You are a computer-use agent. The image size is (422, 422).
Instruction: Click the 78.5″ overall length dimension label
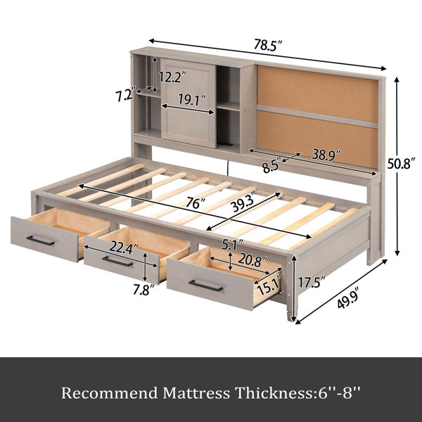pyautogui.click(x=268, y=45)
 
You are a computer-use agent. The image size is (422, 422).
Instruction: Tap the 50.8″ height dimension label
pyautogui.click(x=401, y=163)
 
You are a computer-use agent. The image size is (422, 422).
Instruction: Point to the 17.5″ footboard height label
pyautogui.click(x=312, y=282)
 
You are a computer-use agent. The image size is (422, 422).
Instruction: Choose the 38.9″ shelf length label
pyautogui.click(x=326, y=155)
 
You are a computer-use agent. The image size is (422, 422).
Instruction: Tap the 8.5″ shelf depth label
pyautogui.click(x=272, y=166)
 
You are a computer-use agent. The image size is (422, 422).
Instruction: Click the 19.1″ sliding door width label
pyautogui.click(x=193, y=100)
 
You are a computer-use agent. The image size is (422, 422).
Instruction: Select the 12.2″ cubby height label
pyautogui.click(x=172, y=77)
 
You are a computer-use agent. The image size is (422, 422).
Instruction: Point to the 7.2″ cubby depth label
pyautogui.click(x=125, y=96)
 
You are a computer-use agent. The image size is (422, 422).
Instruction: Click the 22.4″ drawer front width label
pyautogui.click(x=124, y=248)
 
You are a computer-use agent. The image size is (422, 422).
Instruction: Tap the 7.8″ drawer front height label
pyautogui.click(x=144, y=290)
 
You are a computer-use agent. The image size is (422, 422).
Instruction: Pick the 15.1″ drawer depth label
pyautogui.click(x=269, y=286)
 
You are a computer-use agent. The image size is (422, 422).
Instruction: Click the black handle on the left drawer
pyautogui.click(x=40, y=241)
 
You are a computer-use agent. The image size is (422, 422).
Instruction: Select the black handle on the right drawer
pyautogui.click(x=205, y=286)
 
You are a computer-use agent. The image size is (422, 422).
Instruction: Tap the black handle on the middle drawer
pyautogui.click(x=117, y=262)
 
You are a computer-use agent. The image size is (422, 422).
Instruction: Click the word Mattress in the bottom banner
pyautogui.click(x=196, y=393)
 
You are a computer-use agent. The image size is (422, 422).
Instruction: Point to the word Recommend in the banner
pyautogui.click(x=110, y=393)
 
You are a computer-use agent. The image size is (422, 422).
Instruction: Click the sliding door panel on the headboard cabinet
pyautogui.click(x=188, y=103)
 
